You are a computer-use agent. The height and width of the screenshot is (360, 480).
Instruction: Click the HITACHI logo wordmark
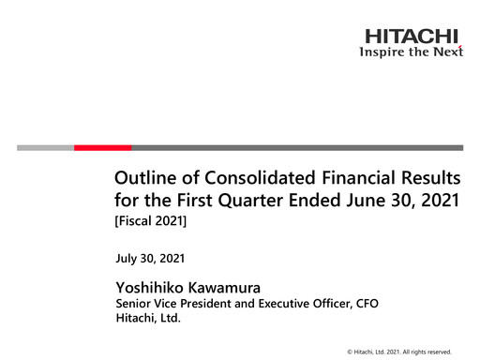pyautogui.click(x=412, y=37)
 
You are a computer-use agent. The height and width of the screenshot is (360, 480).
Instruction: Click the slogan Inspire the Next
pyautogui.click(x=412, y=52)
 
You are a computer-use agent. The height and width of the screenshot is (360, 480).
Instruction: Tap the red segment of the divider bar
pyautogui.click(x=102, y=147)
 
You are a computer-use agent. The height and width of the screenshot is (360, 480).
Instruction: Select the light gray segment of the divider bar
pyautogui.click(x=45, y=147)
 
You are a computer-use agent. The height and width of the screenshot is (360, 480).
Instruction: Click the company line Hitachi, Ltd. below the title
pyautogui.click(x=146, y=319)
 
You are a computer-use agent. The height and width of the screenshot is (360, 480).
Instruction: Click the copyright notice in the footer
pyautogui.click(x=398, y=351)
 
